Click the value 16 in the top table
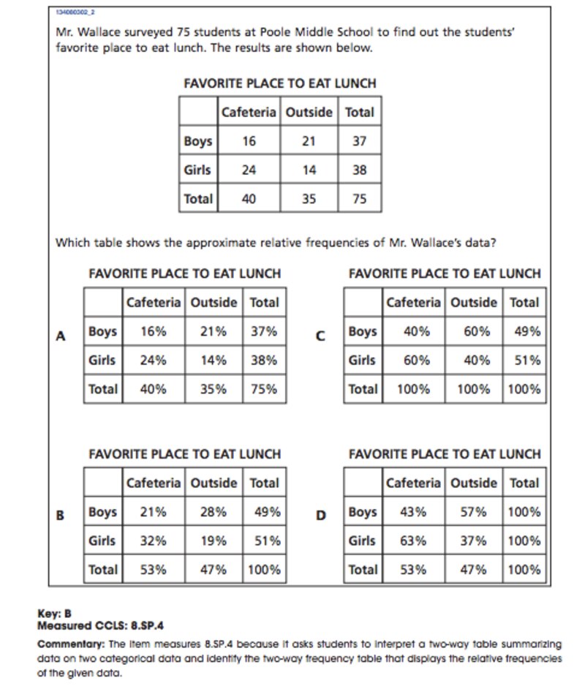(x=249, y=141)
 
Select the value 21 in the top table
(x=309, y=141)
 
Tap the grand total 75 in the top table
(x=359, y=198)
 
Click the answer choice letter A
(x=61, y=336)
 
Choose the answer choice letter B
(x=61, y=515)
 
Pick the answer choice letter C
(x=320, y=336)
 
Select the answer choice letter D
(x=320, y=515)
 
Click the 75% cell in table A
(x=264, y=389)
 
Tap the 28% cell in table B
(x=214, y=512)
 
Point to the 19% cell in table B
(x=214, y=541)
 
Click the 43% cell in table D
(x=413, y=512)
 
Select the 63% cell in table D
(x=413, y=541)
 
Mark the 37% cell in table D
(x=474, y=541)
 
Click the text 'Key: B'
(x=54, y=614)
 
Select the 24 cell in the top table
(x=249, y=170)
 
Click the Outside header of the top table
(x=309, y=113)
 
